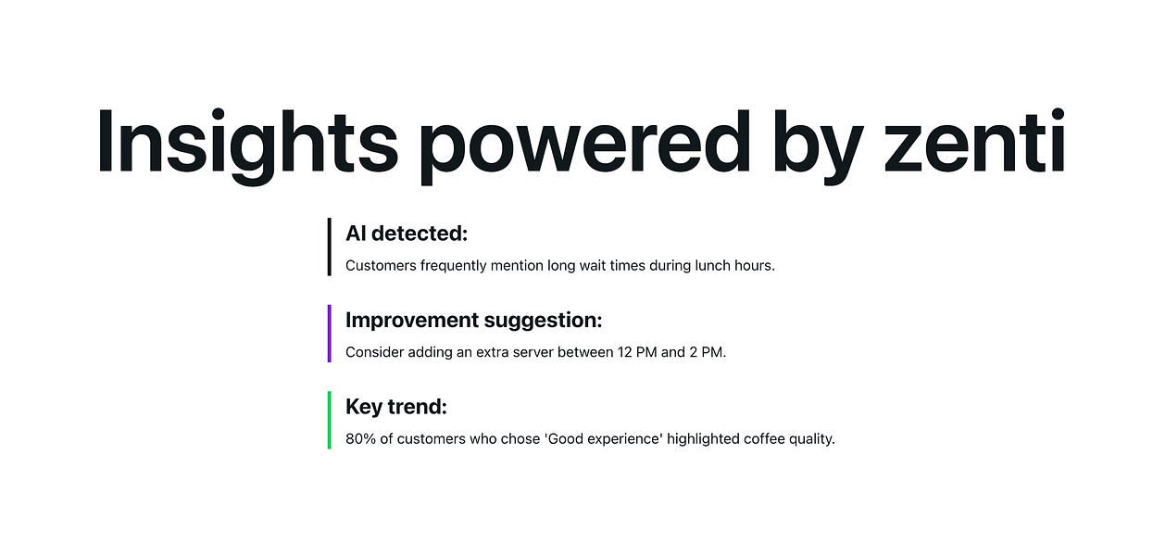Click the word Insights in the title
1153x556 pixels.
tap(247, 141)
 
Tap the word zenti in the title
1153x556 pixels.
tap(974, 141)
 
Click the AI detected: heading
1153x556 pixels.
tap(407, 234)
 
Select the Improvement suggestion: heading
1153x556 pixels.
tap(473, 321)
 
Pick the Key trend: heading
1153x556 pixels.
tap(395, 407)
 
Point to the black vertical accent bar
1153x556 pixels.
tap(329, 246)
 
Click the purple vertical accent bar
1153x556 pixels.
tap(329, 334)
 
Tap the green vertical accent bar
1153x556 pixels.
tap(329, 420)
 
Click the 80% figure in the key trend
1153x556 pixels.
tap(359, 439)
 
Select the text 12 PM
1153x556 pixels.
tap(637, 353)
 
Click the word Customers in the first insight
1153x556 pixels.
tap(381, 266)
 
